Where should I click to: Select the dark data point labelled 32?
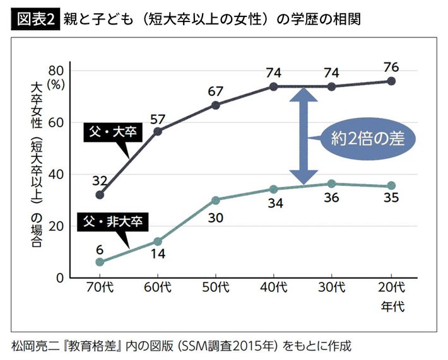pos(100,195)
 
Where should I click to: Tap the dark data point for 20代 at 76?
pos(391,81)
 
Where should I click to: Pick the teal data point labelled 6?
pos(100,262)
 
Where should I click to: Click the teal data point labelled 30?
pos(216,200)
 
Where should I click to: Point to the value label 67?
pos(216,91)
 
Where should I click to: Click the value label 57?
pos(158,118)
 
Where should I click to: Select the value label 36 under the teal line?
pos(332,198)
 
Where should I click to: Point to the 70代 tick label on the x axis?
pos(100,287)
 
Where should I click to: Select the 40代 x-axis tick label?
pos(274,287)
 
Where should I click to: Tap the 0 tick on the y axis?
pos(61,277)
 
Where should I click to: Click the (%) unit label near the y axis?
pos(57,83)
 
